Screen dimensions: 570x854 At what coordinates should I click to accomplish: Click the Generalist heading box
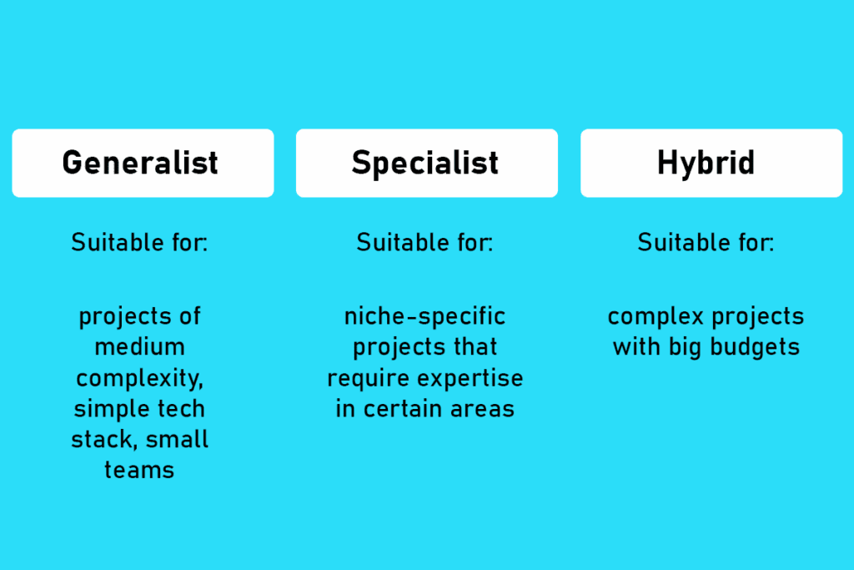coord(143,163)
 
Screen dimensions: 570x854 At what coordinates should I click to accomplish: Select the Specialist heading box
coord(426,163)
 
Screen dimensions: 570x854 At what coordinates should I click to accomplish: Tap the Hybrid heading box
coord(711,163)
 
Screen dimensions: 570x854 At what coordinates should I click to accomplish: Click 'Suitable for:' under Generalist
coord(139,243)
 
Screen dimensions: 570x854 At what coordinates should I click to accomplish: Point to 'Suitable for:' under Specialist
coord(424,243)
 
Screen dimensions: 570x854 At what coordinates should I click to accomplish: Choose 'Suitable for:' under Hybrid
coord(706,243)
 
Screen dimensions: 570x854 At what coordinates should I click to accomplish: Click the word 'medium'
coord(140,347)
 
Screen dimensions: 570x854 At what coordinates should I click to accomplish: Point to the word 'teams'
coord(139,470)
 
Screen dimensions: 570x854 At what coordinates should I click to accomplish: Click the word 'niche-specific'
coord(425,317)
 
